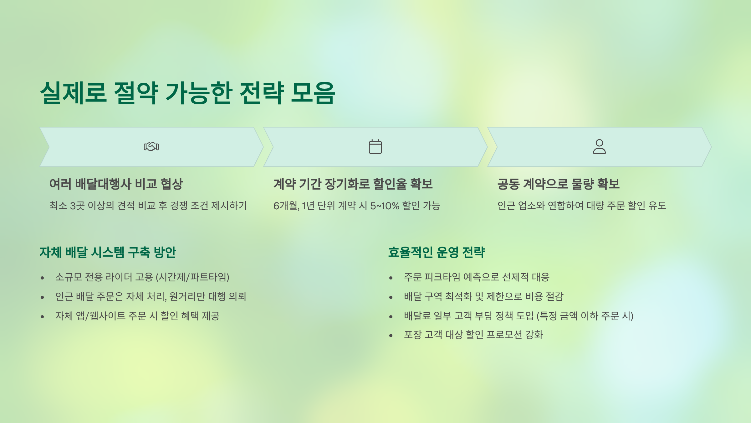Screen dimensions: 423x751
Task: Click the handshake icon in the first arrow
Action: (x=151, y=147)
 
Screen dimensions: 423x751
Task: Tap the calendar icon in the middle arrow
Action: (x=375, y=147)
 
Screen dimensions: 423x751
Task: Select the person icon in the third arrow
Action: (x=599, y=147)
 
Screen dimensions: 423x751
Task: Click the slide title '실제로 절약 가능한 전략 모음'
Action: (x=188, y=93)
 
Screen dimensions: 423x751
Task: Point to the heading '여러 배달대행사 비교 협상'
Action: (x=116, y=184)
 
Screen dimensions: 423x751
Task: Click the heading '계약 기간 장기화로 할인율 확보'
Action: (x=353, y=184)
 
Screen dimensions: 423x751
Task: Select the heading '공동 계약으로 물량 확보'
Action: (x=559, y=184)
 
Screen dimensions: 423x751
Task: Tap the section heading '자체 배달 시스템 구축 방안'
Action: (x=108, y=253)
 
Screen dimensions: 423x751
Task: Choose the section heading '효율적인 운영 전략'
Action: (x=437, y=253)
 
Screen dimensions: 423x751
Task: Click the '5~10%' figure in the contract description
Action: (x=385, y=206)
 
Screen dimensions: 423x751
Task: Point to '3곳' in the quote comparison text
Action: (x=77, y=206)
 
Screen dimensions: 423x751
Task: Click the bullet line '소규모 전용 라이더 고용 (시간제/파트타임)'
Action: (x=142, y=277)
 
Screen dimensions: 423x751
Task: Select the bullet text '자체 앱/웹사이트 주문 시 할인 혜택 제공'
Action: (x=137, y=316)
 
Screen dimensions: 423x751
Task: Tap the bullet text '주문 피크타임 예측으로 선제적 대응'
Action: (x=477, y=277)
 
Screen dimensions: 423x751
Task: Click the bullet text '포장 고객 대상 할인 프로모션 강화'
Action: (x=473, y=335)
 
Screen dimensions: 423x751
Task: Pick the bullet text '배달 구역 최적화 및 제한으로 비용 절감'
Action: (x=483, y=296)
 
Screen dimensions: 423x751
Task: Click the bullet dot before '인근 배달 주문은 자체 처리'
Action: (x=42, y=297)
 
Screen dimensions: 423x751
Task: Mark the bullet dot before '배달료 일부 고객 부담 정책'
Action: (x=391, y=317)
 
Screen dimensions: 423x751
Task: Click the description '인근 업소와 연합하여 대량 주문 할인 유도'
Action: (x=582, y=206)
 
